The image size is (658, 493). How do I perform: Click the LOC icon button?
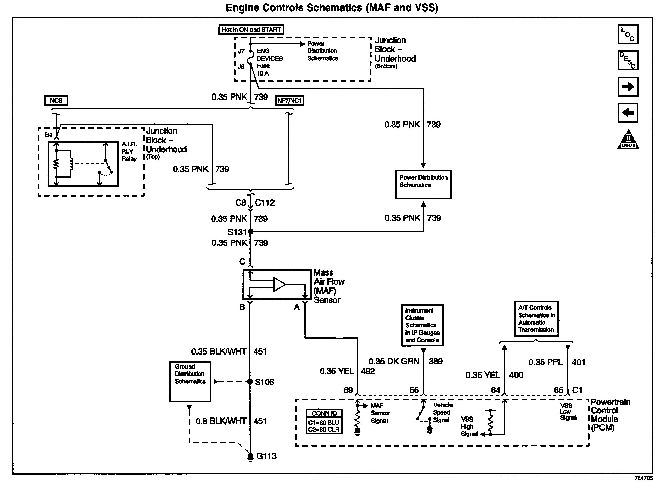point(628,34)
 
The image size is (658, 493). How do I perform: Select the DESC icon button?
point(628,60)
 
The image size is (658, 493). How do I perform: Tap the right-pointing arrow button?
point(628,87)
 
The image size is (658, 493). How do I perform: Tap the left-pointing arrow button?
point(628,112)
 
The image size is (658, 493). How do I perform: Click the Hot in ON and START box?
point(251,30)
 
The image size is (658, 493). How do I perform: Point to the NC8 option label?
point(56,101)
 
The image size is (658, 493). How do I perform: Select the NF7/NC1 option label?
point(290,101)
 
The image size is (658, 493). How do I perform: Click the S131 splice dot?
point(250,232)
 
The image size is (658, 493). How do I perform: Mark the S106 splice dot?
point(250,382)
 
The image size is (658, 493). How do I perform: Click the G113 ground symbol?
point(250,457)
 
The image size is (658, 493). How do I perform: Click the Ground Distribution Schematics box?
point(190,381)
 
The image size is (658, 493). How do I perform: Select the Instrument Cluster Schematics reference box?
point(422,325)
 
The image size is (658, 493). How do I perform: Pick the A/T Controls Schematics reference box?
point(536,319)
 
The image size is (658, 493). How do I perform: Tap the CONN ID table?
point(324,422)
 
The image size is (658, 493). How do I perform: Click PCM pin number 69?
point(348,390)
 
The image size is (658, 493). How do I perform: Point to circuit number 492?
point(368,371)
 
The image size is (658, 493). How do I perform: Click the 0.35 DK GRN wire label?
point(394,362)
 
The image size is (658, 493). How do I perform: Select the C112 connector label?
point(265,203)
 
